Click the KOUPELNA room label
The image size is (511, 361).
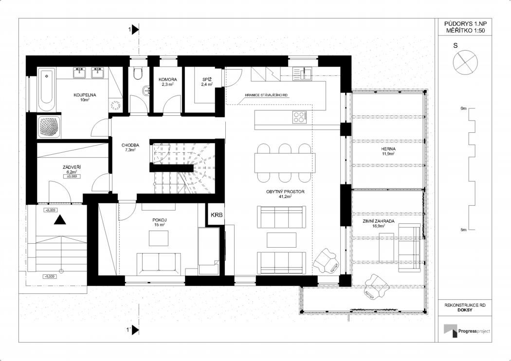point(85,95)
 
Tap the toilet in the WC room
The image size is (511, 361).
point(138,73)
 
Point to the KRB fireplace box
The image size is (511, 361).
point(217,215)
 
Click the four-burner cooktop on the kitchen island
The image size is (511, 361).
point(300,117)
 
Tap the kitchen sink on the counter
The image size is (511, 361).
point(302,73)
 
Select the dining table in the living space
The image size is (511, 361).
point(285,163)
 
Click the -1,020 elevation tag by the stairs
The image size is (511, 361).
point(50,277)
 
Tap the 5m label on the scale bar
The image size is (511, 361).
point(463,230)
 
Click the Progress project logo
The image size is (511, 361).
point(466,331)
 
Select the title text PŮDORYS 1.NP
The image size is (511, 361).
point(465,24)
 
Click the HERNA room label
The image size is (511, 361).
point(388,149)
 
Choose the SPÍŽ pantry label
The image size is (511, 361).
point(207,79)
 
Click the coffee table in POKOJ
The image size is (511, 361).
point(159,238)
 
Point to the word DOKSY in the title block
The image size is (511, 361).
point(465,310)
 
